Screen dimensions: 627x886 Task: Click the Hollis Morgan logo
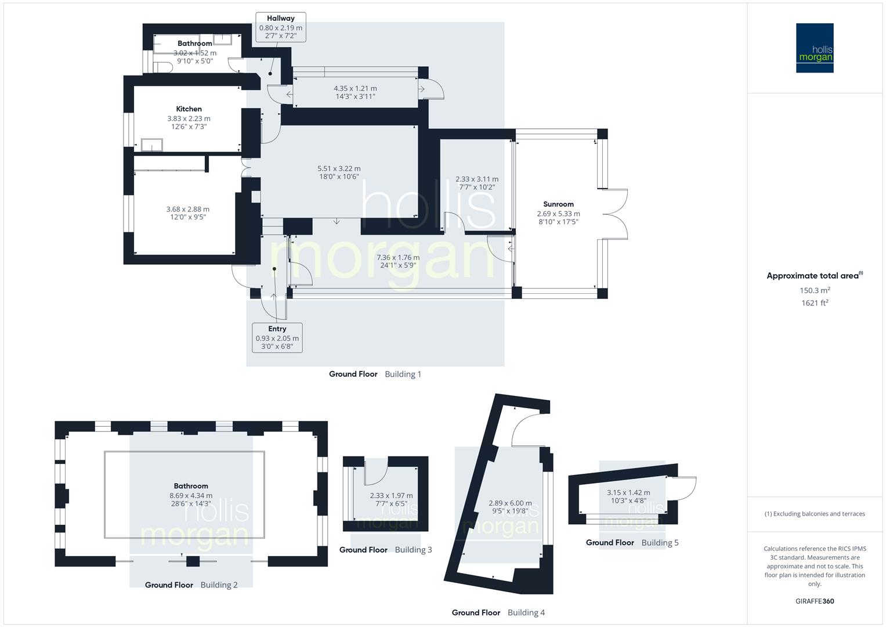point(814,48)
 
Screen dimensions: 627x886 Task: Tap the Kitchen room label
point(189,109)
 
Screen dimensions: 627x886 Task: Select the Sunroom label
point(558,204)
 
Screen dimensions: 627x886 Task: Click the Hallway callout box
point(281,27)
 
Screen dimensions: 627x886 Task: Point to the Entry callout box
point(277,338)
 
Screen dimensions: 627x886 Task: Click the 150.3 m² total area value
point(815,290)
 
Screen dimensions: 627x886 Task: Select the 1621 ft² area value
point(815,302)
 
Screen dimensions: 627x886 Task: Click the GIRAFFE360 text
point(815,601)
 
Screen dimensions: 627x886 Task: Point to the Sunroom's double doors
point(615,214)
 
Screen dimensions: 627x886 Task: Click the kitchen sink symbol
point(151,145)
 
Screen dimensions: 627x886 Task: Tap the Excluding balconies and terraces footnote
point(815,514)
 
